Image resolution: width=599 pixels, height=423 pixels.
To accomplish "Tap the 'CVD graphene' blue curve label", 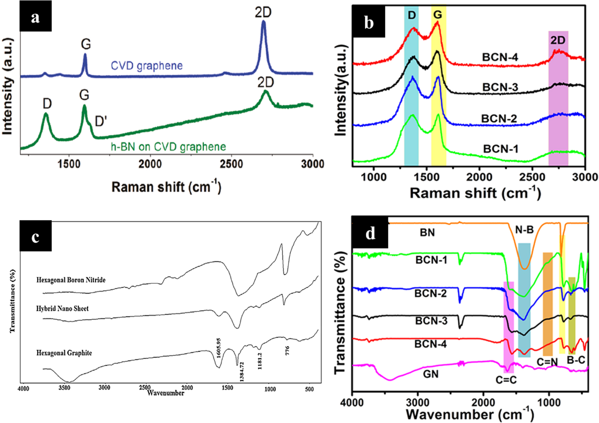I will (146, 66).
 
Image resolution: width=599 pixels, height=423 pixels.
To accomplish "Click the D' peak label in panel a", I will (100, 121).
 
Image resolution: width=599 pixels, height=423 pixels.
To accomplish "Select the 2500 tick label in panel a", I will (231, 164).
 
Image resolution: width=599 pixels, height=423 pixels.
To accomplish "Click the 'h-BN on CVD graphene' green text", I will (168, 147).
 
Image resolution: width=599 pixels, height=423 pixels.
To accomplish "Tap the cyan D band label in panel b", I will (412, 15).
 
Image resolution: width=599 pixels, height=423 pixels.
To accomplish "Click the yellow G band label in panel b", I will (438, 14).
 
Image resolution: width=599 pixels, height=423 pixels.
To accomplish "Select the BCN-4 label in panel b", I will (500, 57).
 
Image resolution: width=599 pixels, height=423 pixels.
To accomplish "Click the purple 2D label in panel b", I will (558, 40).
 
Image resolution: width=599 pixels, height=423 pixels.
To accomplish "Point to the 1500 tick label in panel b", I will (427, 177).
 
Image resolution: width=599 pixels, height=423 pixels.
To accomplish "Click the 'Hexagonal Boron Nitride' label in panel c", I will (71, 280).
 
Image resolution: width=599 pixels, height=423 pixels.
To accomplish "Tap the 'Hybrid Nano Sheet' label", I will (62, 309).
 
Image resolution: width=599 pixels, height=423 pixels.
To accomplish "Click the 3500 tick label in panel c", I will (64, 388).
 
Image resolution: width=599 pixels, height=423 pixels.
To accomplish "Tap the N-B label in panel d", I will (524, 230).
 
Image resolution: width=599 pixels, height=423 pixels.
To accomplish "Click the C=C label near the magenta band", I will (506, 380).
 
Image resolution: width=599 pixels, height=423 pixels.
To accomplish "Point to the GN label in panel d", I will (430, 374).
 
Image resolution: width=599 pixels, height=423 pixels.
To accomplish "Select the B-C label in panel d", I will (576, 360).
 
